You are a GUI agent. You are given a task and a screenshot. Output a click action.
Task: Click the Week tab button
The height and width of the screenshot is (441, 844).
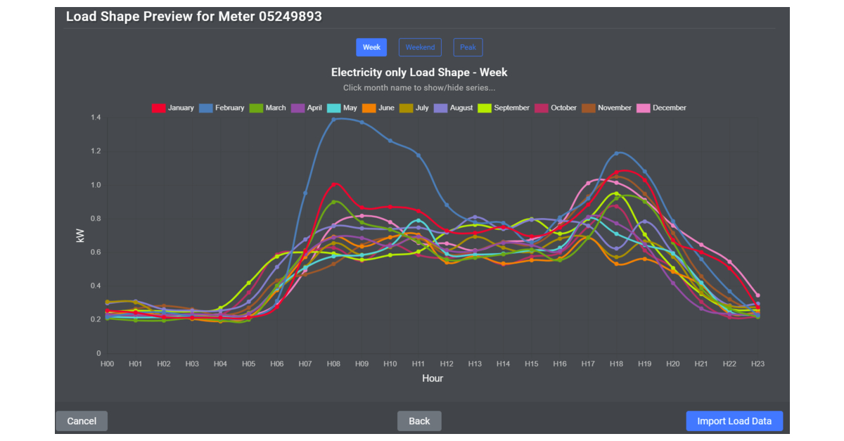coord(371,47)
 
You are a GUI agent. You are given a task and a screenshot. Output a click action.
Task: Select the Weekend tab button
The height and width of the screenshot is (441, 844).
coord(420,47)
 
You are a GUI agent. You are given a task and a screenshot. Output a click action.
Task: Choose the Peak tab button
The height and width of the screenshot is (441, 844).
coord(468,47)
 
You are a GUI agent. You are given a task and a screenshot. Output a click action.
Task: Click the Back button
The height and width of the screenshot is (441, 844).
coord(419,421)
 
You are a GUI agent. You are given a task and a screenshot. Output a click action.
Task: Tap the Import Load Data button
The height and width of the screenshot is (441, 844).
coord(734,421)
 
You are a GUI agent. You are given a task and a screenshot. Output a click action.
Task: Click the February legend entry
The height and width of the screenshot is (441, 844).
coord(222,108)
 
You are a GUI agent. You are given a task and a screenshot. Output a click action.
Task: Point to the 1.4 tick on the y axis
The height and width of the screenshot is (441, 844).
coord(96,117)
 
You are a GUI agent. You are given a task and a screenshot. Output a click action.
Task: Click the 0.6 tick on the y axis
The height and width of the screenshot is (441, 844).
coord(96,252)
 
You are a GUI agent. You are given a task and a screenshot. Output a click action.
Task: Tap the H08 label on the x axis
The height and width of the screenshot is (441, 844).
coord(333,364)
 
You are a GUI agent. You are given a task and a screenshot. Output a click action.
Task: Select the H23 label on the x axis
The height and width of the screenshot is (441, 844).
coord(757,364)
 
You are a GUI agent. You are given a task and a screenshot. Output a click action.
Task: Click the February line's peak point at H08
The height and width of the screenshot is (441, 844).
coord(334,120)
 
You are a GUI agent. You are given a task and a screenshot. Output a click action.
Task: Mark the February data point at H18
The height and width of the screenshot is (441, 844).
coord(617,153)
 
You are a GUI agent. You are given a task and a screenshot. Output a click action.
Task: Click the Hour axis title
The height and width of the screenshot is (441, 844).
coord(433,378)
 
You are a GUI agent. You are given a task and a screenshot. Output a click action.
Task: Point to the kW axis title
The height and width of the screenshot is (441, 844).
coord(80,235)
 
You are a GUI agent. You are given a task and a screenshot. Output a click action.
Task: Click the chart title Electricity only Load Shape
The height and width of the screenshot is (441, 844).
coord(419,72)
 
